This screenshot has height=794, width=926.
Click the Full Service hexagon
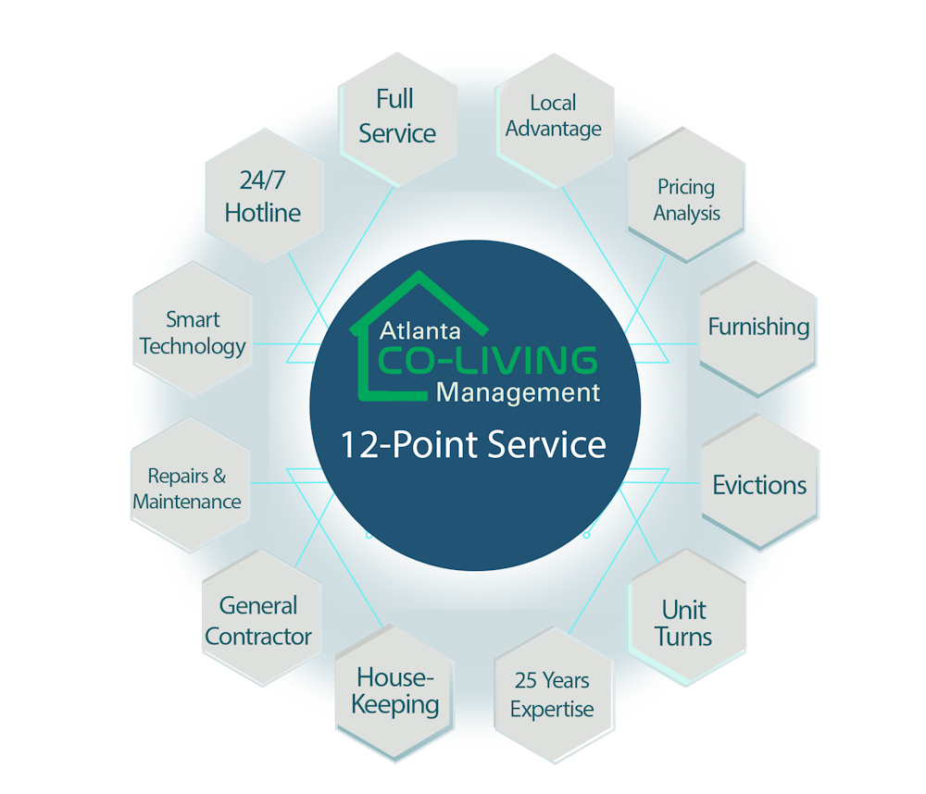(x=397, y=116)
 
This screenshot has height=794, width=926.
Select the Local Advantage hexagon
(x=554, y=117)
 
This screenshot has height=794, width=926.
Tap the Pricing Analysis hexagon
(x=686, y=200)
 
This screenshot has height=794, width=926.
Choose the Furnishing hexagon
(x=758, y=328)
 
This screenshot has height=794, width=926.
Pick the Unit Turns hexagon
(x=684, y=623)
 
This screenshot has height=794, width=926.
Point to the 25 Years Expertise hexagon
(x=552, y=695)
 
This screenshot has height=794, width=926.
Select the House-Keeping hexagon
(x=396, y=692)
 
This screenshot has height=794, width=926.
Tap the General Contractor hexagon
(x=258, y=621)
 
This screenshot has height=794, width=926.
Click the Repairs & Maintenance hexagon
(x=187, y=489)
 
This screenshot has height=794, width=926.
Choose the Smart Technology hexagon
(x=193, y=333)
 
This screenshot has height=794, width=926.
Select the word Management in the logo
(x=518, y=392)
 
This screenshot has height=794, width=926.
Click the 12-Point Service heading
(x=473, y=445)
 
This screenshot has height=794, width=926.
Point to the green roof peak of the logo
(x=419, y=276)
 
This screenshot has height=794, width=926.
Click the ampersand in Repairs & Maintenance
(x=219, y=477)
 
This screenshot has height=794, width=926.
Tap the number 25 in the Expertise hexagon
(x=526, y=681)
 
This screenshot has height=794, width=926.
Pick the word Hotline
(x=263, y=213)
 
